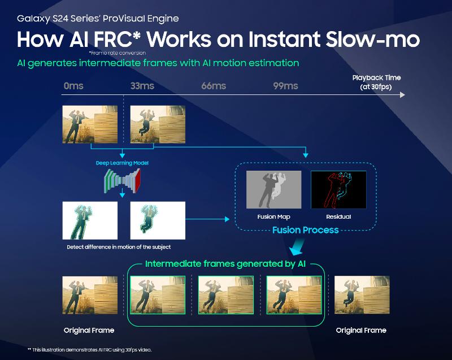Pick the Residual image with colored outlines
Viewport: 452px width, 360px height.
pyautogui.click(x=338, y=190)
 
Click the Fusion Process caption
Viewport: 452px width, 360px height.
pyautogui.click(x=305, y=230)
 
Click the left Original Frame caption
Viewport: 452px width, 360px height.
pyautogui.click(x=89, y=330)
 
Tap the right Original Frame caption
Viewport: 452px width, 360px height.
pyautogui.click(x=361, y=330)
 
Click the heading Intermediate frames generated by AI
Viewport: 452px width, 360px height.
pyautogui.click(x=226, y=264)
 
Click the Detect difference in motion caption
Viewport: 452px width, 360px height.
pyautogui.click(x=118, y=247)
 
